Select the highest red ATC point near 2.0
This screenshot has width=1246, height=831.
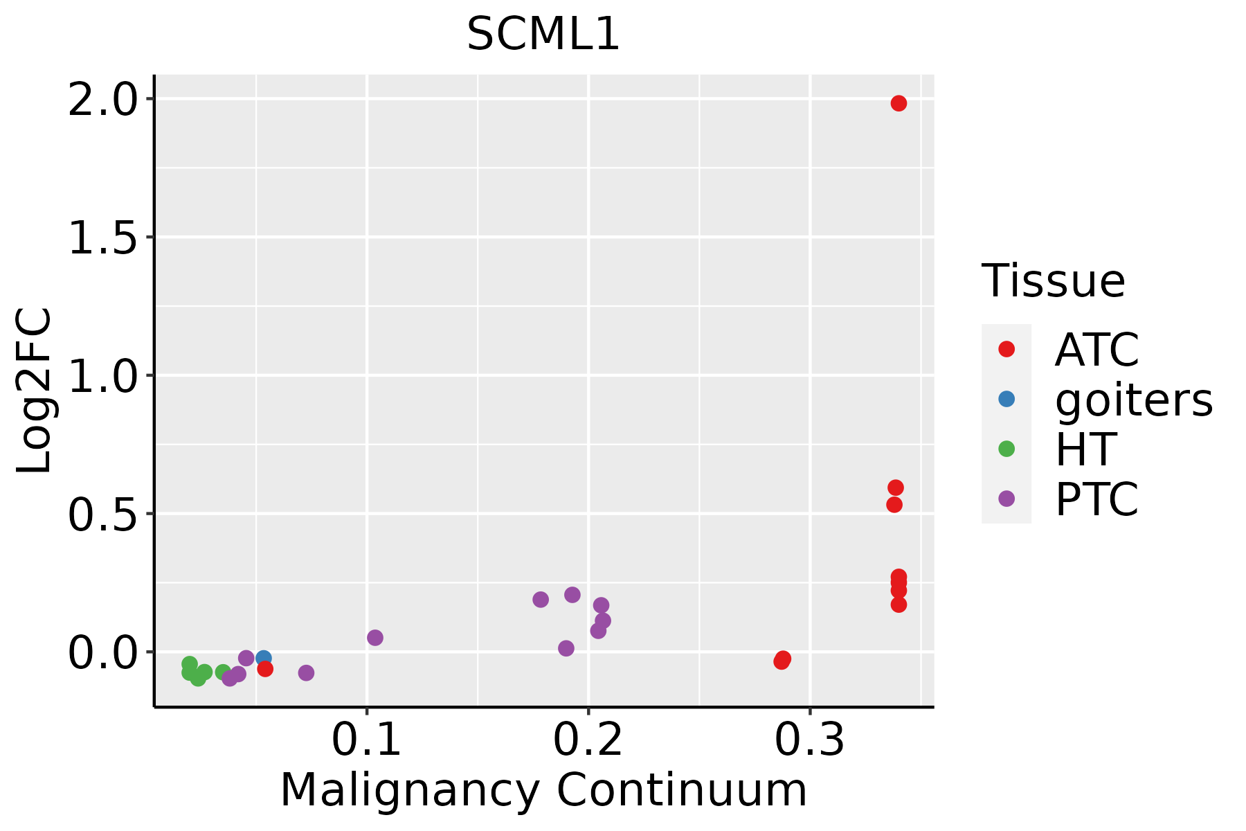(x=899, y=103)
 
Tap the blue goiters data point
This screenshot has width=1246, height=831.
(x=263, y=659)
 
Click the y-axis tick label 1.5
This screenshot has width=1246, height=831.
(x=102, y=238)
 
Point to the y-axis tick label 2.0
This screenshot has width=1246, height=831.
(x=102, y=100)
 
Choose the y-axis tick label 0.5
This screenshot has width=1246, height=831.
(x=102, y=514)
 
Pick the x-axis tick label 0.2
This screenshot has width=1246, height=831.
(x=588, y=740)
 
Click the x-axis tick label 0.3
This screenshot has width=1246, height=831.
(x=809, y=740)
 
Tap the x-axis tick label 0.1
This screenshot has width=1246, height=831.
(x=366, y=740)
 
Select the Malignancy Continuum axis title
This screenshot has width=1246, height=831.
(x=543, y=790)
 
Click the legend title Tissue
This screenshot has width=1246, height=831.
(x=1053, y=281)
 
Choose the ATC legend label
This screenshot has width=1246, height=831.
(x=1096, y=350)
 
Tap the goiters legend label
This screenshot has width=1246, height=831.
(x=1133, y=400)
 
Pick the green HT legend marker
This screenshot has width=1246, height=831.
(x=1006, y=449)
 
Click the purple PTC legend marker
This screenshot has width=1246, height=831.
(x=1006, y=499)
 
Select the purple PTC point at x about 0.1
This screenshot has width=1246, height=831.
(x=375, y=638)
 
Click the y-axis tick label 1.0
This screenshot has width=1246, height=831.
(x=102, y=376)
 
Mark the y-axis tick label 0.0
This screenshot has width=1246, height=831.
(x=102, y=652)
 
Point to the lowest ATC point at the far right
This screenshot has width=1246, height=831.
(x=899, y=605)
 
